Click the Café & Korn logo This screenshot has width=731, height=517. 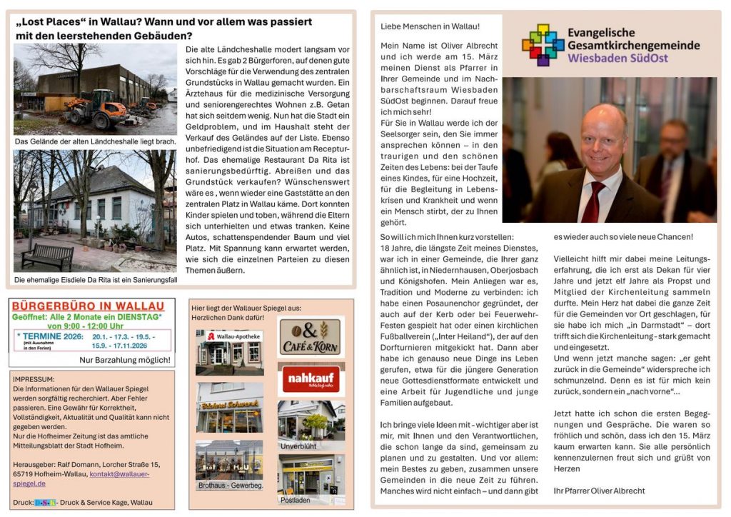(x=311, y=336)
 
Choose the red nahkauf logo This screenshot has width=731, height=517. (x=311, y=379)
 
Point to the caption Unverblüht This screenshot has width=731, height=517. (x=298, y=446)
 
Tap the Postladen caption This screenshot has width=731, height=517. (x=295, y=500)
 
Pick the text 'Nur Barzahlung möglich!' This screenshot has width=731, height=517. (x=125, y=359)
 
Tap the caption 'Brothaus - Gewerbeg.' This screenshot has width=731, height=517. (x=231, y=486)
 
